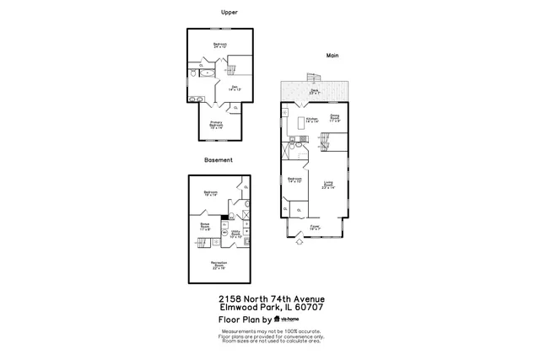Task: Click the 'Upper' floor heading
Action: click(x=228, y=12)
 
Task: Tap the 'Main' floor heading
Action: click(x=332, y=56)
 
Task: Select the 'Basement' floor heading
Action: click(x=218, y=159)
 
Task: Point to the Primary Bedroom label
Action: click(x=216, y=125)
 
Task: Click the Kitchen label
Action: click(x=310, y=120)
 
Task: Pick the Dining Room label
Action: click(x=335, y=117)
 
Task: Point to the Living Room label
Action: click(x=330, y=185)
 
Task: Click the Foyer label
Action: click(x=314, y=227)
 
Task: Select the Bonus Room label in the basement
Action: click(x=205, y=226)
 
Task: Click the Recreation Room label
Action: click(x=219, y=265)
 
